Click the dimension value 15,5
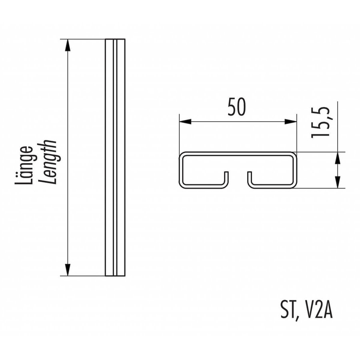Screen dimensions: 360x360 pyautogui.click(x=320, y=122)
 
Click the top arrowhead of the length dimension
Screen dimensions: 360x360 pyautogui.click(x=68, y=44)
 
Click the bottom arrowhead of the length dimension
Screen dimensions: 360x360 pyautogui.click(x=68, y=270)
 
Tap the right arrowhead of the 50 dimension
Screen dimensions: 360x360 pyautogui.click(x=291, y=122)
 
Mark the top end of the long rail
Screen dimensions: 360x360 pyautogui.click(x=115, y=40)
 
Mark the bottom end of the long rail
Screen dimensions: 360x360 pyautogui.click(x=115, y=275)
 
